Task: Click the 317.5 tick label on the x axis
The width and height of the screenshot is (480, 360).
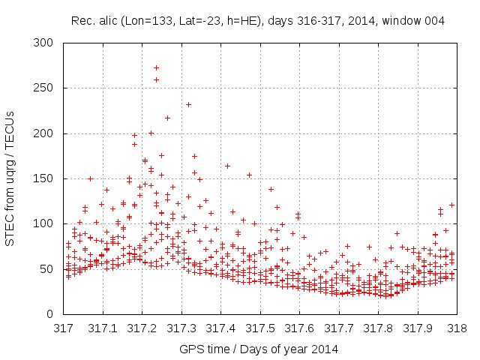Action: [x=259, y=328]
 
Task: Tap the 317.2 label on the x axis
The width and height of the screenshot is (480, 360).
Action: [x=142, y=328]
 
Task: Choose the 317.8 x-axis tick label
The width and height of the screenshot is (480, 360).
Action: [x=377, y=328]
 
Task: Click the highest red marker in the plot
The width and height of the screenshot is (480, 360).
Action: [x=156, y=67]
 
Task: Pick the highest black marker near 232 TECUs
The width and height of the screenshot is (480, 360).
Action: [x=188, y=104]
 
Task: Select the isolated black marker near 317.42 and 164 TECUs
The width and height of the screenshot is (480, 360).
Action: [x=227, y=166]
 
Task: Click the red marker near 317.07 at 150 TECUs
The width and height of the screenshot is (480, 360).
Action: [x=90, y=178]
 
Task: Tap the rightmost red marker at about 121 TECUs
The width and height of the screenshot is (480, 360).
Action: [x=452, y=205]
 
